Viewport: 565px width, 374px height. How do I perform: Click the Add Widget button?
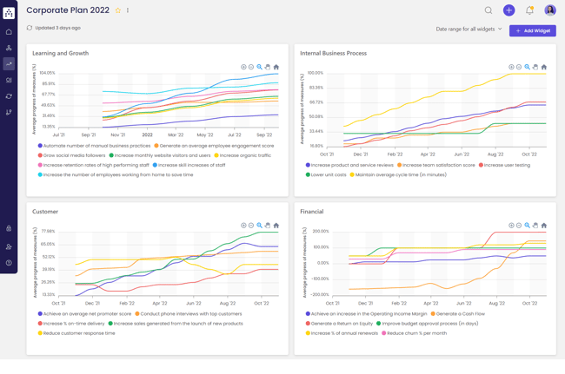click(x=532, y=30)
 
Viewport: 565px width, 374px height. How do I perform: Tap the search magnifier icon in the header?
click(x=489, y=10)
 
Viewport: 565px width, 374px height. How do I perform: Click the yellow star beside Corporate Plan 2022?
click(x=118, y=10)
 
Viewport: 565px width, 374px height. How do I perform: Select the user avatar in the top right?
click(x=550, y=10)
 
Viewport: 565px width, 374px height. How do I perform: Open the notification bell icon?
click(x=529, y=10)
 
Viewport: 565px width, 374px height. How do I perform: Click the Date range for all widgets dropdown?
click(x=469, y=30)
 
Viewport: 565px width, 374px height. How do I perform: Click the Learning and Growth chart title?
click(x=61, y=53)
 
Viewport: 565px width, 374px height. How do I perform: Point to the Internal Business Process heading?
click(x=333, y=53)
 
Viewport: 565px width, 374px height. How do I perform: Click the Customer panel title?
click(x=45, y=212)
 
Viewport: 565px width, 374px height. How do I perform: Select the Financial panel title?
click(x=311, y=212)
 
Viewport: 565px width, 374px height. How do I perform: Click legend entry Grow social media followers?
click(x=74, y=155)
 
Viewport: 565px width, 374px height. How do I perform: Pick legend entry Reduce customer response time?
click(x=78, y=333)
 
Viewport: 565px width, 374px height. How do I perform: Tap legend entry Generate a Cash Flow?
click(x=461, y=314)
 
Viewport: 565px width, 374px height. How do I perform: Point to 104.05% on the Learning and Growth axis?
click(x=47, y=73)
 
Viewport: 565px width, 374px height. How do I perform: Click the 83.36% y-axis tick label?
click(x=316, y=88)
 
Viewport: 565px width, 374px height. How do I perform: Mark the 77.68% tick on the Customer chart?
click(x=47, y=232)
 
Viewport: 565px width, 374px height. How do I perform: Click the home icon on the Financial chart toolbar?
click(x=544, y=226)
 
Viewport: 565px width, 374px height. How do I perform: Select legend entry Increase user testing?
click(x=507, y=165)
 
